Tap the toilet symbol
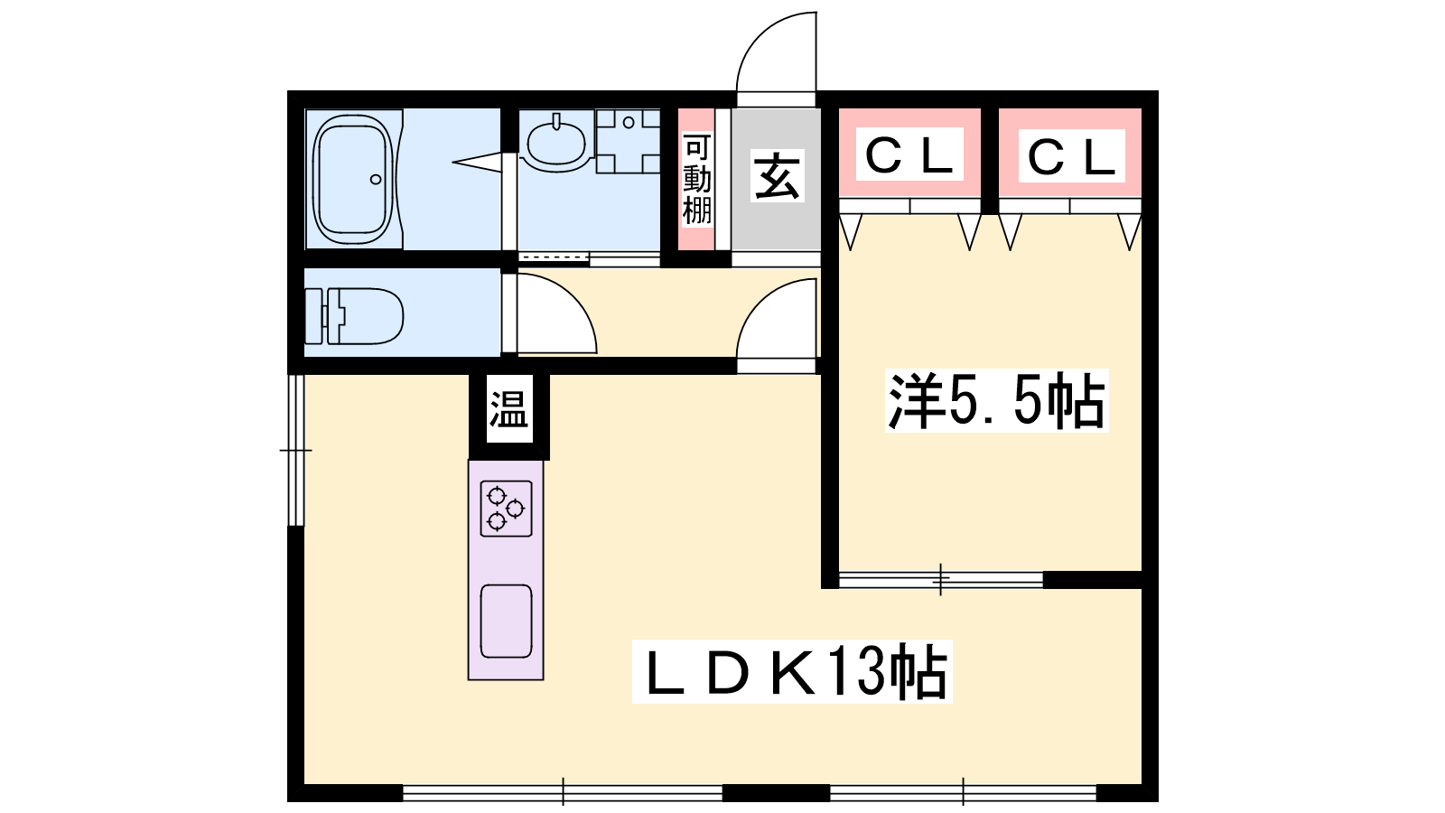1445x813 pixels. coord(353,316)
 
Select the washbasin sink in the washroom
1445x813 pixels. coord(556,144)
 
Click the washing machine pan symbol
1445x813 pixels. coord(628,141)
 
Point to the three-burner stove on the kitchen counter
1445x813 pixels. coord(507,509)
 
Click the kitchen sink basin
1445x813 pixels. coord(507,621)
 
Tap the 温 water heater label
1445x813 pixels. coord(509,409)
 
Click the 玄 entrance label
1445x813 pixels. coord(778,175)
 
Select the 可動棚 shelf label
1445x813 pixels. coord(697,180)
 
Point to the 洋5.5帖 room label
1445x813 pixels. coord(997,401)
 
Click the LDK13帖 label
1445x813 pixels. coord(792,671)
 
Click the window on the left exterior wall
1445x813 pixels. coord(296,450)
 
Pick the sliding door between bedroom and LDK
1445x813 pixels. coord(940,579)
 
